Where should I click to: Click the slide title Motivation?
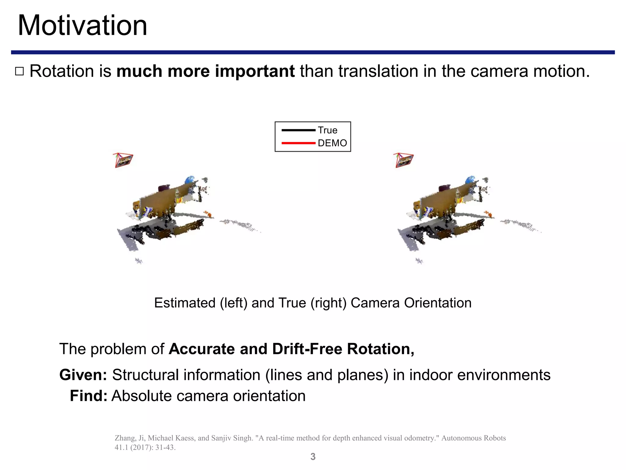pyautogui.click(x=83, y=26)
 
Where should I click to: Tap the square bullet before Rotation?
pyautogui.click(x=19, y=72)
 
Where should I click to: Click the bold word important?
pyautogui.click(x=255, y=71)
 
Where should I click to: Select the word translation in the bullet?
pyautogui.click(x=378, y=71)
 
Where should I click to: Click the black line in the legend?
pyautogui.click(x=298, y=130)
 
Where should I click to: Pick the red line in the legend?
pyautogui.click(x=298, y=143)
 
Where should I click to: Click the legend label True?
pyautogui.click(x=327, y=130)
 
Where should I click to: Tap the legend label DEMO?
pyautogui.click(x=332, y=143)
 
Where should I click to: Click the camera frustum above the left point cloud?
pyautogui.click(x=123, y=160)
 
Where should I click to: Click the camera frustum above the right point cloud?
pyautogui.click(x=403, y=160)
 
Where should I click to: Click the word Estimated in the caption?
pyautogui.click(x=185, y=303)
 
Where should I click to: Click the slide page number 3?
pyautogui.click(x=313, y=457)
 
